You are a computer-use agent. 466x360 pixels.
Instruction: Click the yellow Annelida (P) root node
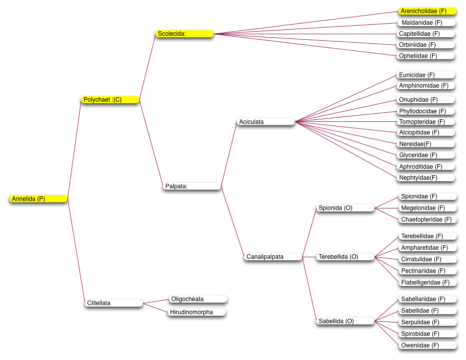point(38,199)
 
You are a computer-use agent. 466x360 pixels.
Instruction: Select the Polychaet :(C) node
point(110,100)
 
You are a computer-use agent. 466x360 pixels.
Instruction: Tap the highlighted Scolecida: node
point(184,34)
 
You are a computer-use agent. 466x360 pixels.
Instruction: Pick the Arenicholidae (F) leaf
point(427,11)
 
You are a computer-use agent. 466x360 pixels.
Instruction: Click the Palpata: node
point(192,186)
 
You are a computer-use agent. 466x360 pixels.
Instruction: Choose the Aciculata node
point(266,122)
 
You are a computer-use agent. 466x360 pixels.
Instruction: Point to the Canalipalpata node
point(273,257)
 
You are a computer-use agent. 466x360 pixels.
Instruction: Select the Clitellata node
point(114,303)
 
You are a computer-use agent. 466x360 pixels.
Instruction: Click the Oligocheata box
point(198,299)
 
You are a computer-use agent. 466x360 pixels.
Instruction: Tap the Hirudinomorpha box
point(196,312)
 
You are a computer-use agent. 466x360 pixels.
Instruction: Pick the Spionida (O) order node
point(345,208)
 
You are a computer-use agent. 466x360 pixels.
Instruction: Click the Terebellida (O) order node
point(345,257)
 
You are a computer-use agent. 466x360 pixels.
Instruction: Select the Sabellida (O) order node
point(345,321)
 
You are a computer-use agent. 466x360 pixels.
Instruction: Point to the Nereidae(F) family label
point(426,144)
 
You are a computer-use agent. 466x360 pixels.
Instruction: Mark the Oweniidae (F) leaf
point(428,345)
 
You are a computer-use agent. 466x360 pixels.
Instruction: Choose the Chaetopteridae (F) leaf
point(428,220)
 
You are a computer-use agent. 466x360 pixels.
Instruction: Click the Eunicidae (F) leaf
point(426,75)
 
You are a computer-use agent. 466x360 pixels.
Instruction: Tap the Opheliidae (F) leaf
point(426,56)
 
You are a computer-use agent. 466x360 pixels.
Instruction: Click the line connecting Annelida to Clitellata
point(76,251)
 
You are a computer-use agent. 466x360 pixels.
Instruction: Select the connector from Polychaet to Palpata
point(151,143)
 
